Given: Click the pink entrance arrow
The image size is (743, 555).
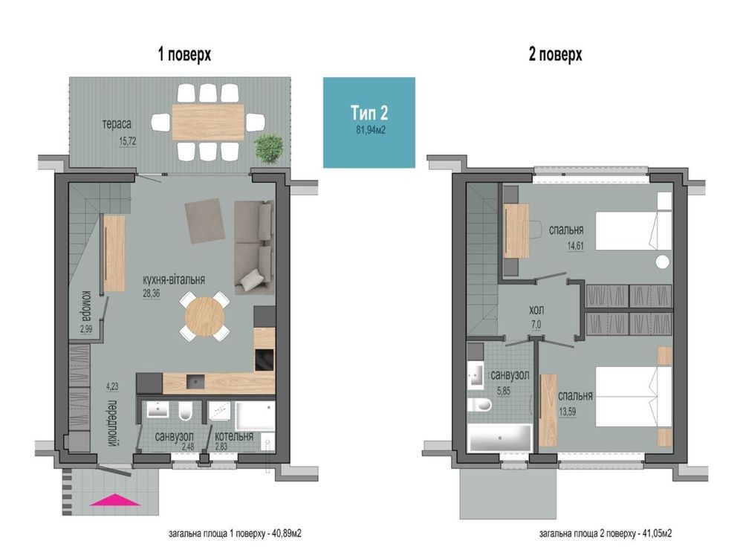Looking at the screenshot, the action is (115, 500).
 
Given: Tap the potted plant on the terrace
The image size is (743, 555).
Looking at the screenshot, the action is (270, 149).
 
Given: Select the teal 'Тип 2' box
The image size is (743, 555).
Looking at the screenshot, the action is (369, 123).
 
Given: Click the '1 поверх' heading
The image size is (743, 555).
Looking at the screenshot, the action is (184, 54).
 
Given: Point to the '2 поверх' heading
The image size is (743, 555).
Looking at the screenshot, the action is (555, 54).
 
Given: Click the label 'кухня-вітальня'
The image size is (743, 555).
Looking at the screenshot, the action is (174, 279).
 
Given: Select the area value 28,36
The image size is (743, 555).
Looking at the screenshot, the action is (152, 293).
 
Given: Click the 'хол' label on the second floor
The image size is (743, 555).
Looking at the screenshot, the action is (536, 311).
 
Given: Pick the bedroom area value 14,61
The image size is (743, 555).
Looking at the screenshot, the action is (575, 245).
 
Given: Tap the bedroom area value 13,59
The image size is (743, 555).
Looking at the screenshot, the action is (568, 412).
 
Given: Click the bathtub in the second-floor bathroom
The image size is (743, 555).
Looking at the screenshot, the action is (499, 438).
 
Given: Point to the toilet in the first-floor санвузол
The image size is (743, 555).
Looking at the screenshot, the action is (186, 411).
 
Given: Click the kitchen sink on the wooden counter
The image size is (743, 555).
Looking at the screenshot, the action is (195, 381).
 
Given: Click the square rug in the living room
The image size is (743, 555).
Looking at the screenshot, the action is (205, 221).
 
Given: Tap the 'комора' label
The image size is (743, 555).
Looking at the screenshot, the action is (87, 305).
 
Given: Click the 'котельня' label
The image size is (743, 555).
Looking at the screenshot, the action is (234, 436).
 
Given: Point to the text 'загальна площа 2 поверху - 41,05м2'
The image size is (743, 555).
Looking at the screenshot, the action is (605, 533).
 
